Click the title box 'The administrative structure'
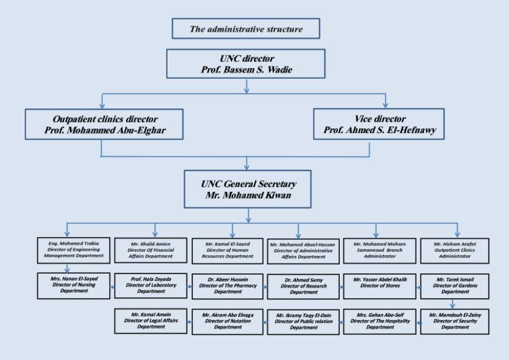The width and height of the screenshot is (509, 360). pos(246,28)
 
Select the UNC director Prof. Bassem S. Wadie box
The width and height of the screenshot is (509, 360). pos(246,63)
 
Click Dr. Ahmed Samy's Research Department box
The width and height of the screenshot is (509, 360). pos(303,286)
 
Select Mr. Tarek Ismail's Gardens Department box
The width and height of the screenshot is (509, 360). pos(457,286)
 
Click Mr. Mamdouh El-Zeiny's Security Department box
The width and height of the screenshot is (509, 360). pos(457,321)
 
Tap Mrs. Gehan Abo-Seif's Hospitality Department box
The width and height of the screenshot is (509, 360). pos(380,321)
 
